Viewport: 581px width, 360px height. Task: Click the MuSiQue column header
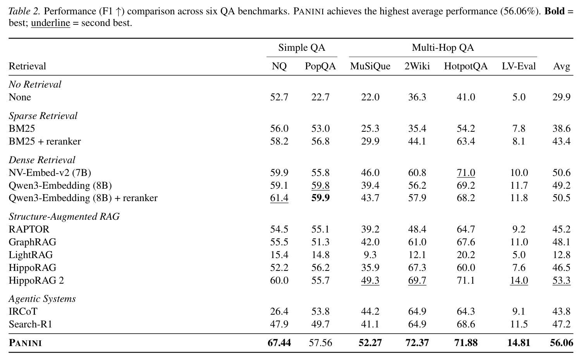click(x=370, y=66)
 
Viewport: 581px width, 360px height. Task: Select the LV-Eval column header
click(x=519, y=66)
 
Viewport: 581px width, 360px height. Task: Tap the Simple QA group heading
click(x=302, y=48)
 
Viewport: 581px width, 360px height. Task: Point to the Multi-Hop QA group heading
click(x=443, y=48)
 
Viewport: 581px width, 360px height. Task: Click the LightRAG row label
click(x=31, y=255)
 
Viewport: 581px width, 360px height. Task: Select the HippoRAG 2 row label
click(x=36, y=280)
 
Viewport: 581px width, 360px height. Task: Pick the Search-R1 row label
click(x=30, y=324)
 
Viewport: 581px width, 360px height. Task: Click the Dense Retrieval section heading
click(x=42, y=160)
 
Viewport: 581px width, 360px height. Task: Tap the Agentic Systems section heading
click(x=42, y=299)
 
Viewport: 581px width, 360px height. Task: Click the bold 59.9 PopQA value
click(x=320, y=198)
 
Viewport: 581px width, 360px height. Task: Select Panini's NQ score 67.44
click(x=279, y=343)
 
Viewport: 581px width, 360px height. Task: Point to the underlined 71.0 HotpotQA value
click(x=466, y=172)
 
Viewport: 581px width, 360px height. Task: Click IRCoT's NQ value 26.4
click(x=279, y=311)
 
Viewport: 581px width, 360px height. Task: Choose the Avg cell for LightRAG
click(x=561, y=255)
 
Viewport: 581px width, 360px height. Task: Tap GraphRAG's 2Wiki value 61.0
click(x=417, y=242)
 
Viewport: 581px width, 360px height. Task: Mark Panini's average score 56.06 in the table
click(x=562, y=343)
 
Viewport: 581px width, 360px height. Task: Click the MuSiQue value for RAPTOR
click(x=370, y=229)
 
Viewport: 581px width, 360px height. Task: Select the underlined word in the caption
click(x=51, y=23)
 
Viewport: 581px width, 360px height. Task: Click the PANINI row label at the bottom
click(x=25, y=343)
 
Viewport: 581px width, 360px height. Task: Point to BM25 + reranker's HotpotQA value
click(x=466, y=141)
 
